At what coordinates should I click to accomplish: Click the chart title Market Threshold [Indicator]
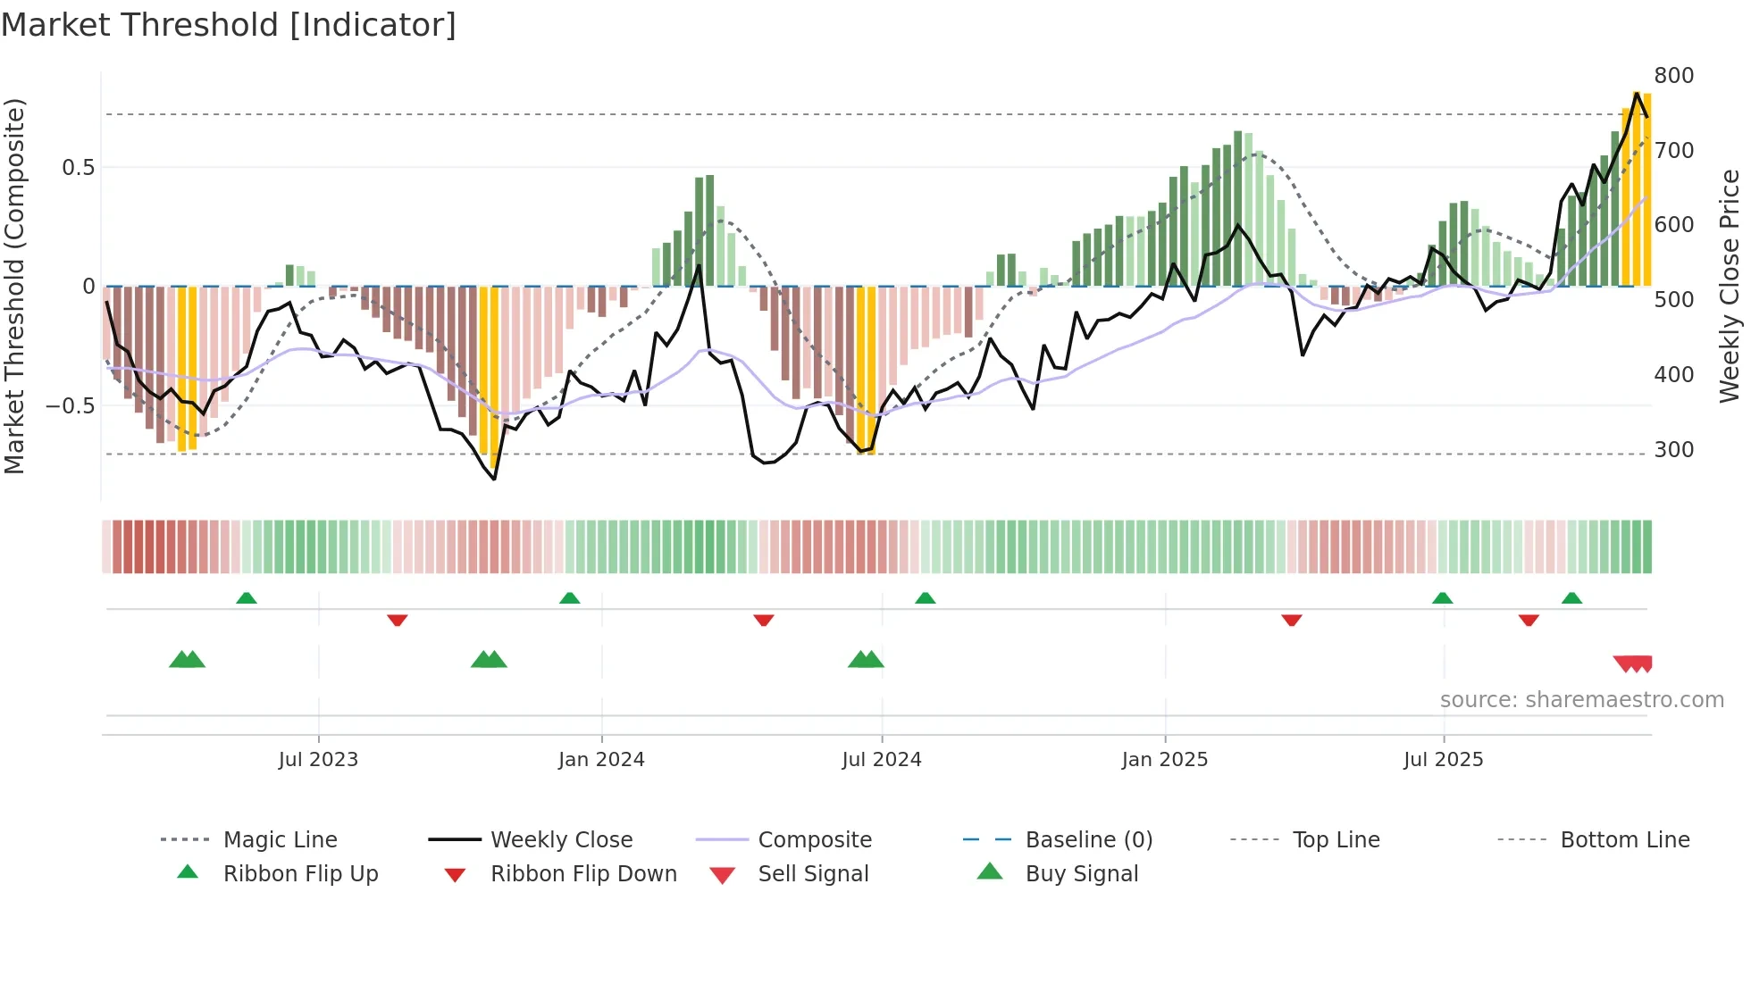[229, 25]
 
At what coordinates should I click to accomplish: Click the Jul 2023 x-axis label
[318, 759]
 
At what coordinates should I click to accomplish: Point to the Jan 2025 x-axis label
[1165, 759]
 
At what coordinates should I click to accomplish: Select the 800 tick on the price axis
[1674, 76]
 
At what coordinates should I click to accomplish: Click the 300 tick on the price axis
[1674, 449]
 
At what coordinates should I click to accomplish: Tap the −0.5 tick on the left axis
[71, 405]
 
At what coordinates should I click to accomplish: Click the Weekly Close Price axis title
[1730, 286]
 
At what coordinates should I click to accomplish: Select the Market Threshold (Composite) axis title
[14, 286]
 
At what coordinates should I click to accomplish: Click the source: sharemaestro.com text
[1581, 699]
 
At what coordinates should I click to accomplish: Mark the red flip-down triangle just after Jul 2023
[398, 620]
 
